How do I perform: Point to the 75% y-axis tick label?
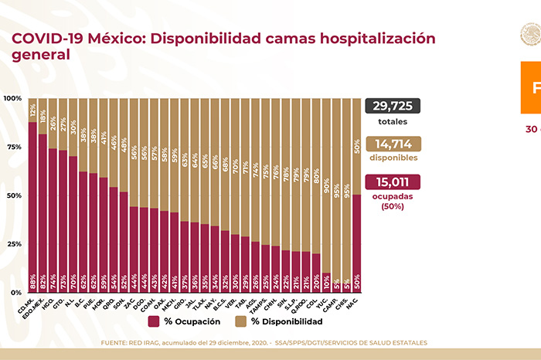tap(14, 147)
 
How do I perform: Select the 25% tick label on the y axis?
tap(14, 244)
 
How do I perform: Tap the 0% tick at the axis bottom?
tap(16, 293)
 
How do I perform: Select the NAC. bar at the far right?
tap(356, 243)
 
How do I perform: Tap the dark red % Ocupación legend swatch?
tap(155, 321)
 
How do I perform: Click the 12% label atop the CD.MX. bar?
tap(32, 109)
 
